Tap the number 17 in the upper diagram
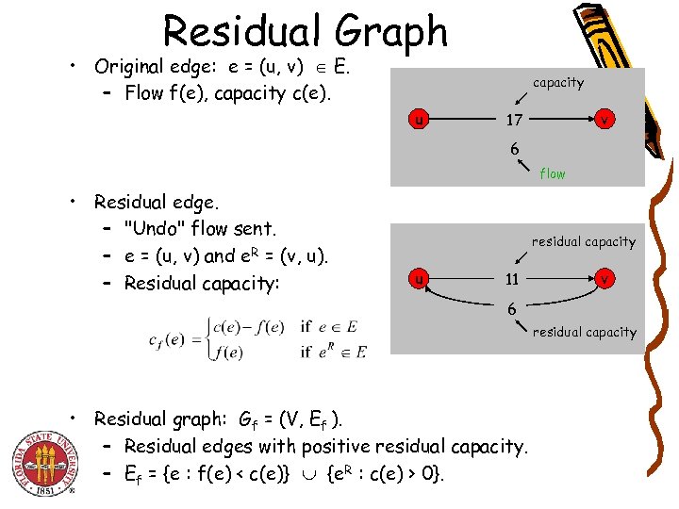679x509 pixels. tap(514, 120)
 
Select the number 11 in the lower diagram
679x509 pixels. tap(511, 279)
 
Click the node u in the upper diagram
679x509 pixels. tap(417, 120)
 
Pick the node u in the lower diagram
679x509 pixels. tap(417, 279)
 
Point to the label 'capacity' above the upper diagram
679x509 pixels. tap(558, 83)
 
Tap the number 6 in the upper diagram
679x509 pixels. tap(514, 148)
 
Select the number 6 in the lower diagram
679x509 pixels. tap(511, 308)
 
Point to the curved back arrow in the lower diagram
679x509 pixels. tap(462, 305)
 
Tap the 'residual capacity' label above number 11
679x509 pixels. tap(583, 242)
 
